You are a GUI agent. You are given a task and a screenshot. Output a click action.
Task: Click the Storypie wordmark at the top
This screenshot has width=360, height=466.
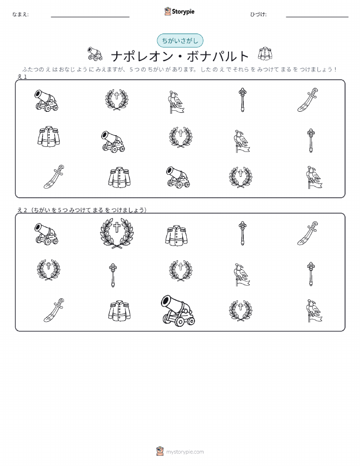[x=183, y=12]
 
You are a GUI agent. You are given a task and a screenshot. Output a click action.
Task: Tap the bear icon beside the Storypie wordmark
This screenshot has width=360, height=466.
[x=168, y=12]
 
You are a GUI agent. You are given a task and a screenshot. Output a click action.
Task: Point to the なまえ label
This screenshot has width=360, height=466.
[x=20, y=14]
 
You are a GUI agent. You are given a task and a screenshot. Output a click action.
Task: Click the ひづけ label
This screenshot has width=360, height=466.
[x=258, y=14]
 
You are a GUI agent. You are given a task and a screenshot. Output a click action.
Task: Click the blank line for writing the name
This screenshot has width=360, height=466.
[x=90, y=17]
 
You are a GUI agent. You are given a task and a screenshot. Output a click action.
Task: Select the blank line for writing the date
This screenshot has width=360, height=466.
[x=317, y=17]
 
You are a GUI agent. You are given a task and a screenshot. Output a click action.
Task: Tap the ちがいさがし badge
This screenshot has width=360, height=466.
[x=180, y=41]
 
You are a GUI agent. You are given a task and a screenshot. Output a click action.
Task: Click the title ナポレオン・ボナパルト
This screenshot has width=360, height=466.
[x=180, y=56]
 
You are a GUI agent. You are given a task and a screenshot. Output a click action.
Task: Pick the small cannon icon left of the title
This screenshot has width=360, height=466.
[x=95, y=53]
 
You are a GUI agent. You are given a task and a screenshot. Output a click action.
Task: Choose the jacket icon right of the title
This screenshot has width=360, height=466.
[x=265, y=53]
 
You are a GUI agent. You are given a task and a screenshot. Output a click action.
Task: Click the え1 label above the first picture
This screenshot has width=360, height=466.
[x=22, y=77]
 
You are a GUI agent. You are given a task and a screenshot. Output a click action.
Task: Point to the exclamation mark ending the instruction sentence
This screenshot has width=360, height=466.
[x=335, y=70]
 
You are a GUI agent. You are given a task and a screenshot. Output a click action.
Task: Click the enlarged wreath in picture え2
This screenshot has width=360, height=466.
[x=117, y=233]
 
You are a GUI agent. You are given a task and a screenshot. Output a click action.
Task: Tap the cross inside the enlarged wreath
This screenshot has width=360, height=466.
[x=117, y=227]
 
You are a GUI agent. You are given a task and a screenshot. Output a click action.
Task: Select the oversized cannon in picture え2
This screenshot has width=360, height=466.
[x=178, y=310]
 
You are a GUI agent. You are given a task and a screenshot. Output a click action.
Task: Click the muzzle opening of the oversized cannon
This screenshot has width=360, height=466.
[x=166, y=302]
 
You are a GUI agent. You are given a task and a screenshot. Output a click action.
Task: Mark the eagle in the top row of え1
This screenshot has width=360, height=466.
[x=176, y=102]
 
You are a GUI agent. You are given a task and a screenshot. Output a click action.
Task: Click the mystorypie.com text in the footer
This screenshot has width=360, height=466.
[x=185, y=452]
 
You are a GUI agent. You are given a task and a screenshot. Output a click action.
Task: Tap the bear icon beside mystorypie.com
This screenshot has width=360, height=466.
[x=160, y=451]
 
